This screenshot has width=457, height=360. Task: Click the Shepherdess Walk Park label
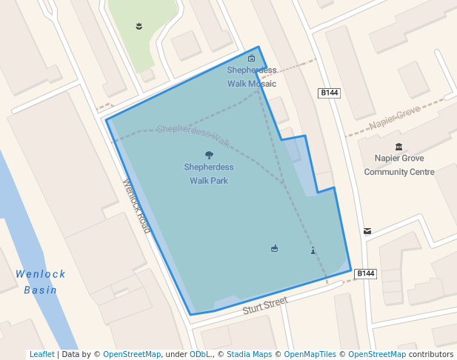pyautogui.click(x=209, y=174)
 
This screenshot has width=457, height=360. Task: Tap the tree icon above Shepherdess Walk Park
pyautogui.click(x=209, y=156)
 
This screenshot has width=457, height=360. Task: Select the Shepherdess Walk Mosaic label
pyautogui.click(x=252, y=77)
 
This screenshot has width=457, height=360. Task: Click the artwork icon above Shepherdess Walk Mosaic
pyautogui.click(x=252, y=59)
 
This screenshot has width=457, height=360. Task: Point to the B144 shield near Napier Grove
pyautogui.click(x=329, y=93)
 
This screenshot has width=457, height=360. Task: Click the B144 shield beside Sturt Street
pyautogui.click(x=366, y=273)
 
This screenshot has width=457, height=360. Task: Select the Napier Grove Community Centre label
pyautogui.click(x=398, y=165)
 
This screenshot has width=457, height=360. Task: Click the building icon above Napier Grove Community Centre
pyautogui.click(x=399, y=147)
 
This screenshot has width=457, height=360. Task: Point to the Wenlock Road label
pyautogui.click(x=137, y=206)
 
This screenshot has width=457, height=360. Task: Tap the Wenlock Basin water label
pyautogui.click(x=41, y=282)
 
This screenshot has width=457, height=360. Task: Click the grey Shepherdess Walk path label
pyautogui.click(x=193, y=133)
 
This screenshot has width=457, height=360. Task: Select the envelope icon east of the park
pyautogui.click(x=367, y=231)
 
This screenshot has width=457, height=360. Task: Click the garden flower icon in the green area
pyautogui.click(x=139, y=27)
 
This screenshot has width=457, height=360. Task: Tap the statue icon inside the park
pyautogui.click(x=313, y=250)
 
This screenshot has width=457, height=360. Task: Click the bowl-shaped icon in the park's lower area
pyautogui.click(x=275, y=248)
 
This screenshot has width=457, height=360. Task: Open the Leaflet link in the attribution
pyautogui.click(x=41, y=355)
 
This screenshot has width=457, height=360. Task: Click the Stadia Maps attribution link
pyautogui.click(x=247, y=355)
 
